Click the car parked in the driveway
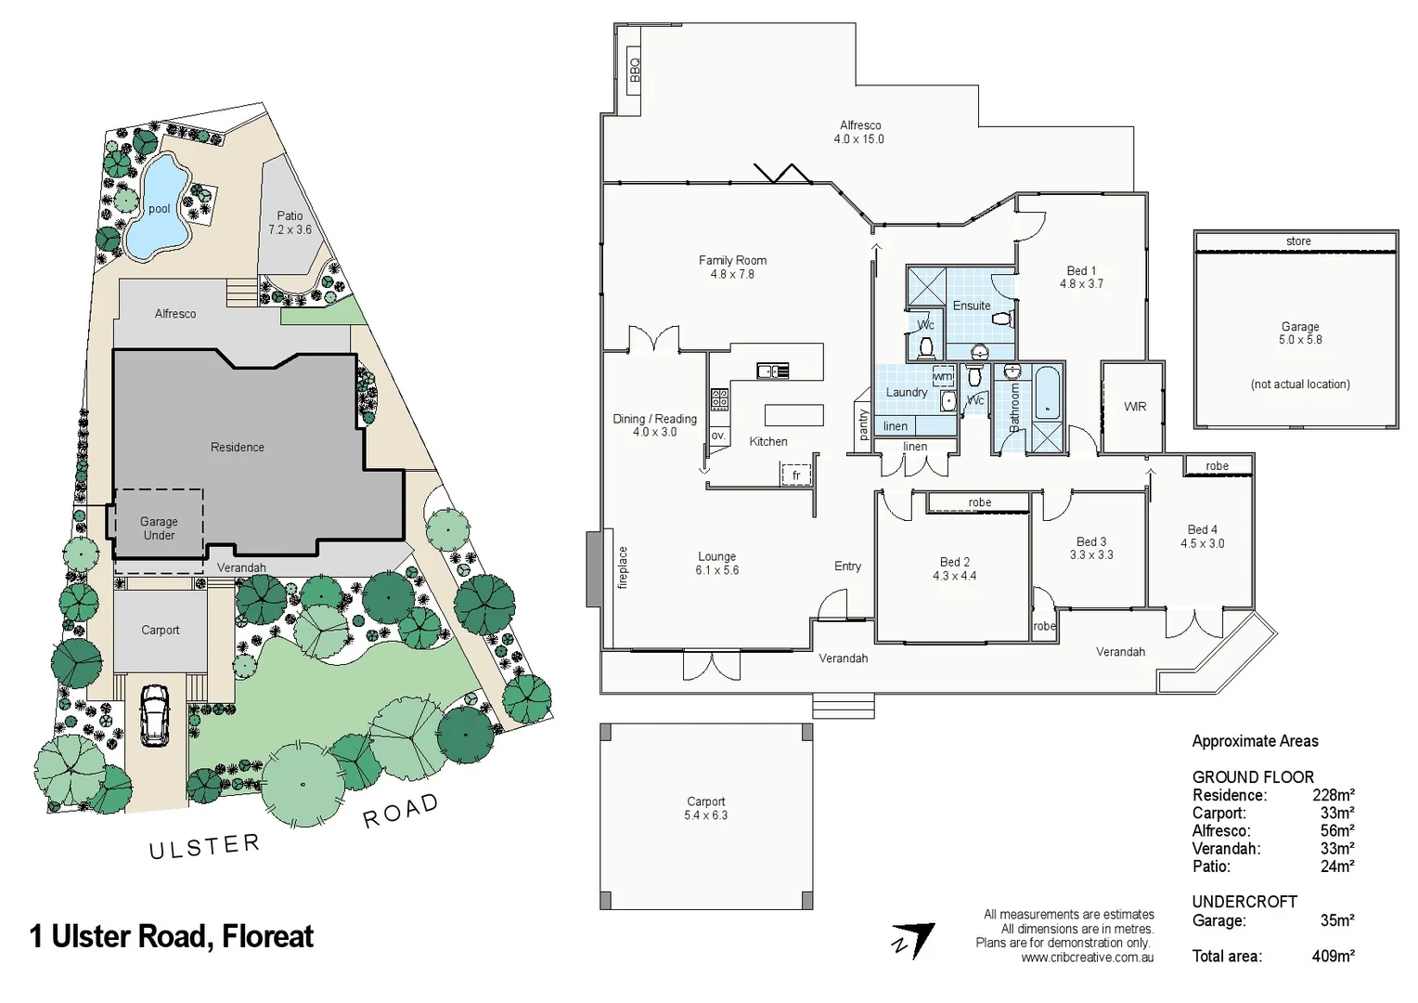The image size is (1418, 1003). click(x=154, y=715)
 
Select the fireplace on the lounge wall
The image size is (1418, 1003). click(x=594, y=568)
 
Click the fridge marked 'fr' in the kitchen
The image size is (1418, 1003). click(x=795, y=475)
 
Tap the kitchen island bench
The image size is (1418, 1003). click(x=793, y=414)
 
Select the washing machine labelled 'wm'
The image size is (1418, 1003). click(x=942, y=376)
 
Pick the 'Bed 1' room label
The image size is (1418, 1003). click(x=1081, y=277)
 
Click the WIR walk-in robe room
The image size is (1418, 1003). click(x=1134, y=407)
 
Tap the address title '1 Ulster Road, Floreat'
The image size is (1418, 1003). click(x=172, y=936)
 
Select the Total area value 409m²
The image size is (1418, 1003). click(x=1333, y=956)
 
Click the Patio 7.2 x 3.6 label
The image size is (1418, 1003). click(x=290, y=222)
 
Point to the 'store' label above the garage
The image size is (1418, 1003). click(x=1297, y=241)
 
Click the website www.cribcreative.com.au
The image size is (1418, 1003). click(x=1087, y=957)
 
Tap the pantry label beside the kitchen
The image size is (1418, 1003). click(x=863, y=425)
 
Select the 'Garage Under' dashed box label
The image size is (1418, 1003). click(x=159, y=528)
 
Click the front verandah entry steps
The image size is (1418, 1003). click(x=843, y=706)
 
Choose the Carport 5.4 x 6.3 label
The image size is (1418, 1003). click(x=706, y=808)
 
